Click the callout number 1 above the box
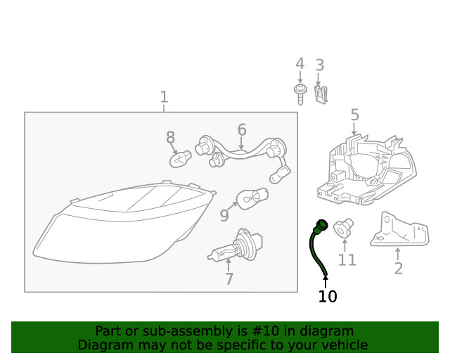(x=164, y=96)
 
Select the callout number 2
(x=398, y=268)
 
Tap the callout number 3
(x=319, y=65)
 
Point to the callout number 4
(x=300, y=64)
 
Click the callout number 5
(x=354, y=115)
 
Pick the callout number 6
(x=241, y=129)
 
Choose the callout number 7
(x=229, y=279)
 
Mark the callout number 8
(x=170, y=138)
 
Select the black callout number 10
(x=327, y=297)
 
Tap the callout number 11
(x=347, y=260)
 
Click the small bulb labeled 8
(x=181, y=159)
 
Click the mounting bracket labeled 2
(x=399, y=230)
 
